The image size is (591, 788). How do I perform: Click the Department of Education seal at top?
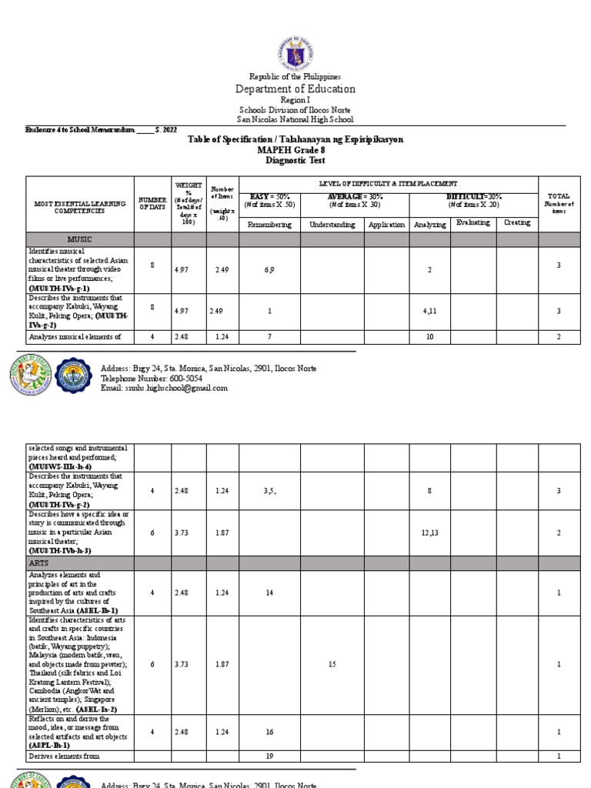pyautogui.click(x=295, y=44)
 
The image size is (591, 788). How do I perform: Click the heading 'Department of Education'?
pyautogui.click(x=295, y=89)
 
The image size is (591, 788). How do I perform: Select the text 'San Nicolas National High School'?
pyautogui.click(x=295, y=119)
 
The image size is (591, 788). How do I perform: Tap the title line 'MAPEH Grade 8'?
pyautogui.click(x=295, y=150)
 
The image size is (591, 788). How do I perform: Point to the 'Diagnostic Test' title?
pyautogui.click(x=295, y=161)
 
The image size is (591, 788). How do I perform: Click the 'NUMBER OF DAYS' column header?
pyautogui.click(x=152, y=206)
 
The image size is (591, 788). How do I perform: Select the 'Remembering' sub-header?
pyautogui.click(x=269, y=225)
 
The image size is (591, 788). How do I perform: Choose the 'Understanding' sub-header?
pyautogui.click(x=332, y=225)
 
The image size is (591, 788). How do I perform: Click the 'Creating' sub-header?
pyautogui.click(x=516, y=223)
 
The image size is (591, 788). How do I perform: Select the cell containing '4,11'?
pyautogui.click(x=429, y=311)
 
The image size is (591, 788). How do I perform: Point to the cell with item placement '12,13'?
pyautogui.click(x=429, y=533)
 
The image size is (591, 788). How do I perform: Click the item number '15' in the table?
pyautogui.click(x=332, y=664)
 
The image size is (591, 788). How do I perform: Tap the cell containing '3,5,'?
pyautogui.click(x=269, y=489)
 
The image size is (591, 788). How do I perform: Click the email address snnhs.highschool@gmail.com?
pyautogui.click(x=164, y=389)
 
